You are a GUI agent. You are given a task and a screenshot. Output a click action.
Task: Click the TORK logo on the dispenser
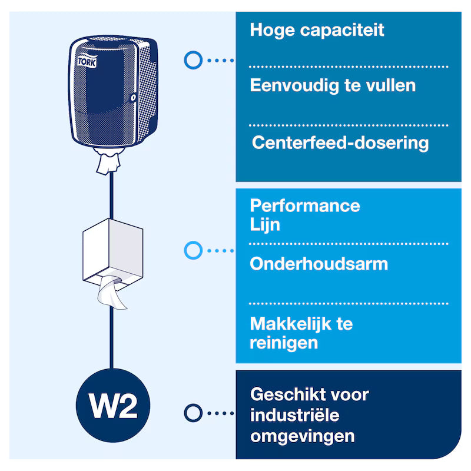[x=87, y=62]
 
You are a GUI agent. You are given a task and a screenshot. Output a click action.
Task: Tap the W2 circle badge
[x=113, y=405]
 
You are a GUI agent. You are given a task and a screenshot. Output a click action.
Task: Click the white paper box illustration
[x=113, y=254]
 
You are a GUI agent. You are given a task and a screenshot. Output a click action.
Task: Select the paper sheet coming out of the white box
[x=111, y=293]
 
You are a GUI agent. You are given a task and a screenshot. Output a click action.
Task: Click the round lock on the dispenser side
[x=133, y=97]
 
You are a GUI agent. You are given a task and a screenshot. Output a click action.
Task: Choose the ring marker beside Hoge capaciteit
[x=193, y=60]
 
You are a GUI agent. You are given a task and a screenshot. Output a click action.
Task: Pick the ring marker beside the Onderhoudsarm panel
[x=193, y=250]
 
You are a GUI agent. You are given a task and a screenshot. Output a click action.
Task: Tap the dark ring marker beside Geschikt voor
[x=193, y=413]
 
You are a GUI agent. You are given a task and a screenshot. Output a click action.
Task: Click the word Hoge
[x=273, y=31]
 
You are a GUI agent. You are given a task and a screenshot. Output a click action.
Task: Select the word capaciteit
[x=342, y=30]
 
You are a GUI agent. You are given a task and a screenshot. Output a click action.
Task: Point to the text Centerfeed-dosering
[x=340, y=142]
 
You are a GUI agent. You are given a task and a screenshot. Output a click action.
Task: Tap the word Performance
[x=305, y=206]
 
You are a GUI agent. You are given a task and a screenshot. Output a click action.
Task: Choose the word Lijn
[x=265, y=225]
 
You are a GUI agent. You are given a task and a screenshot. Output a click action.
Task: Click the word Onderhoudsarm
[x=319, y=264]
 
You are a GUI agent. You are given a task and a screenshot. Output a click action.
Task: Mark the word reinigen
[x=284, y=343]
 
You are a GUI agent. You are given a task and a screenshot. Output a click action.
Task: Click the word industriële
[x=295, y=416]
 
